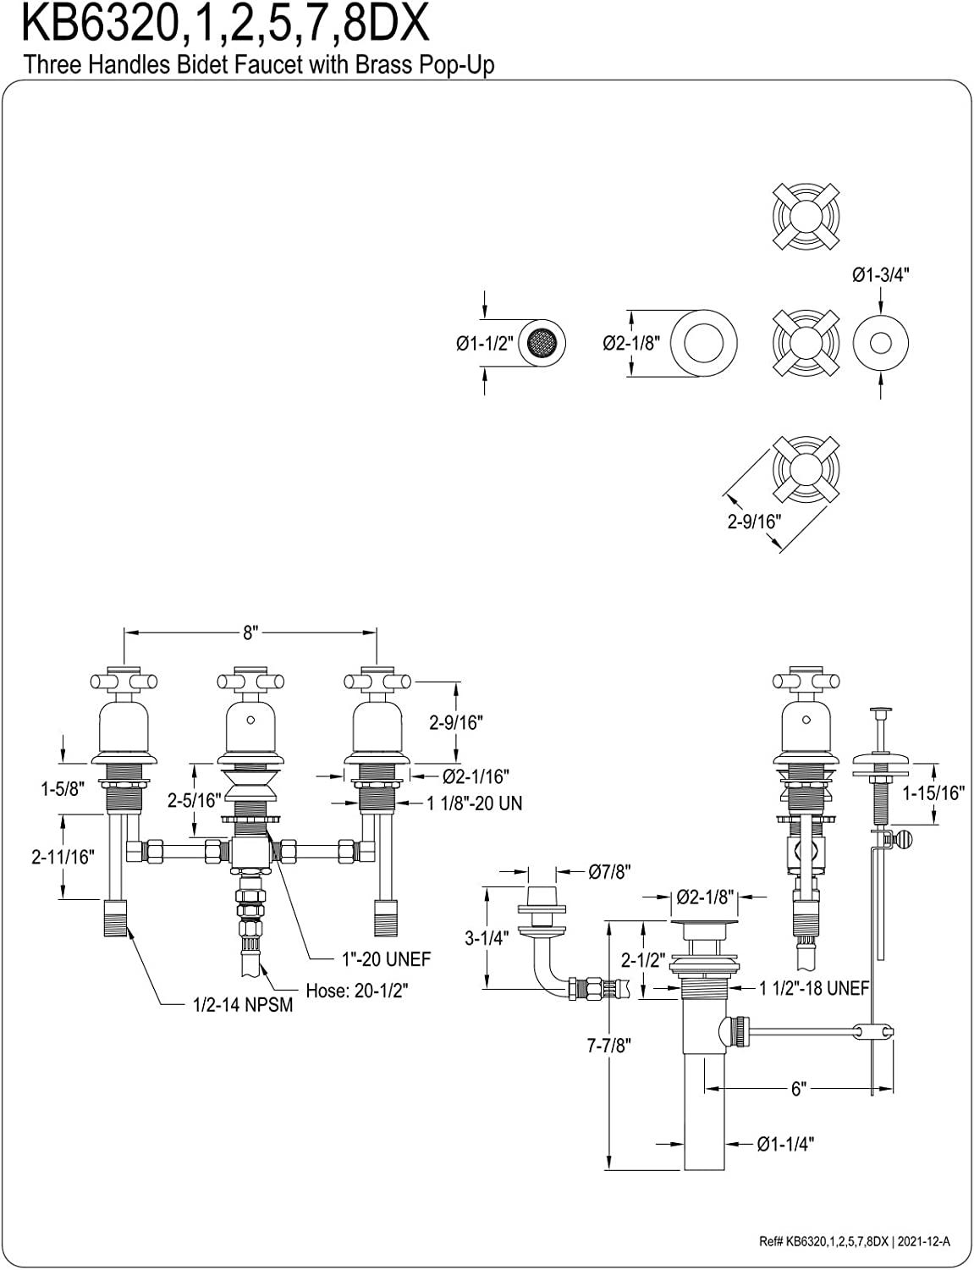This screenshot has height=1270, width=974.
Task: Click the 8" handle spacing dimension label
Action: (x=250, y=633)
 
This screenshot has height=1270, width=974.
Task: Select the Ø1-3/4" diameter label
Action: (x=881, y=274)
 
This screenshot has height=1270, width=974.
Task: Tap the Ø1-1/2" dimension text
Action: (x=485, y=343)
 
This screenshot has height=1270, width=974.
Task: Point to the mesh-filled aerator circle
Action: (x=542, y=343)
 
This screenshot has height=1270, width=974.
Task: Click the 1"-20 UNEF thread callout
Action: (x=386, y=958)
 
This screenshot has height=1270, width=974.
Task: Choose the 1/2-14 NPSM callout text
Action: (x=243, y=1005)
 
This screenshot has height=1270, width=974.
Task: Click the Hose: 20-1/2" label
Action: (x=357, y=990)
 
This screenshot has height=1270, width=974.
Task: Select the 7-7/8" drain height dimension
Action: (x=609, y=1045)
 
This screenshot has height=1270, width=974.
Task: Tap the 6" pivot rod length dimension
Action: (x=798, y=1089)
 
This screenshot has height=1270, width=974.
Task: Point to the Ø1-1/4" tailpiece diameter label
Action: (x=785, y=1143)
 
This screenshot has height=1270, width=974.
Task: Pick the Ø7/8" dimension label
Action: (x=609, y=872)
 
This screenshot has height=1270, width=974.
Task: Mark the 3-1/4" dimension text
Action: (x=487, y=937)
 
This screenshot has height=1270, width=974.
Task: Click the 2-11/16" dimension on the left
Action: (x=63, y=857)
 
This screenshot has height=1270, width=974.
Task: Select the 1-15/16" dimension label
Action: (x=933, y=793)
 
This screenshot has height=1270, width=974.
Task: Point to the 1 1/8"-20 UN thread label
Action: (x=474, y=803)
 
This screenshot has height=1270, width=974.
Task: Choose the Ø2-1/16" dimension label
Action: (x=476, y=776)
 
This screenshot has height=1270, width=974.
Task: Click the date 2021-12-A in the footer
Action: (x=924, y=1242)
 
